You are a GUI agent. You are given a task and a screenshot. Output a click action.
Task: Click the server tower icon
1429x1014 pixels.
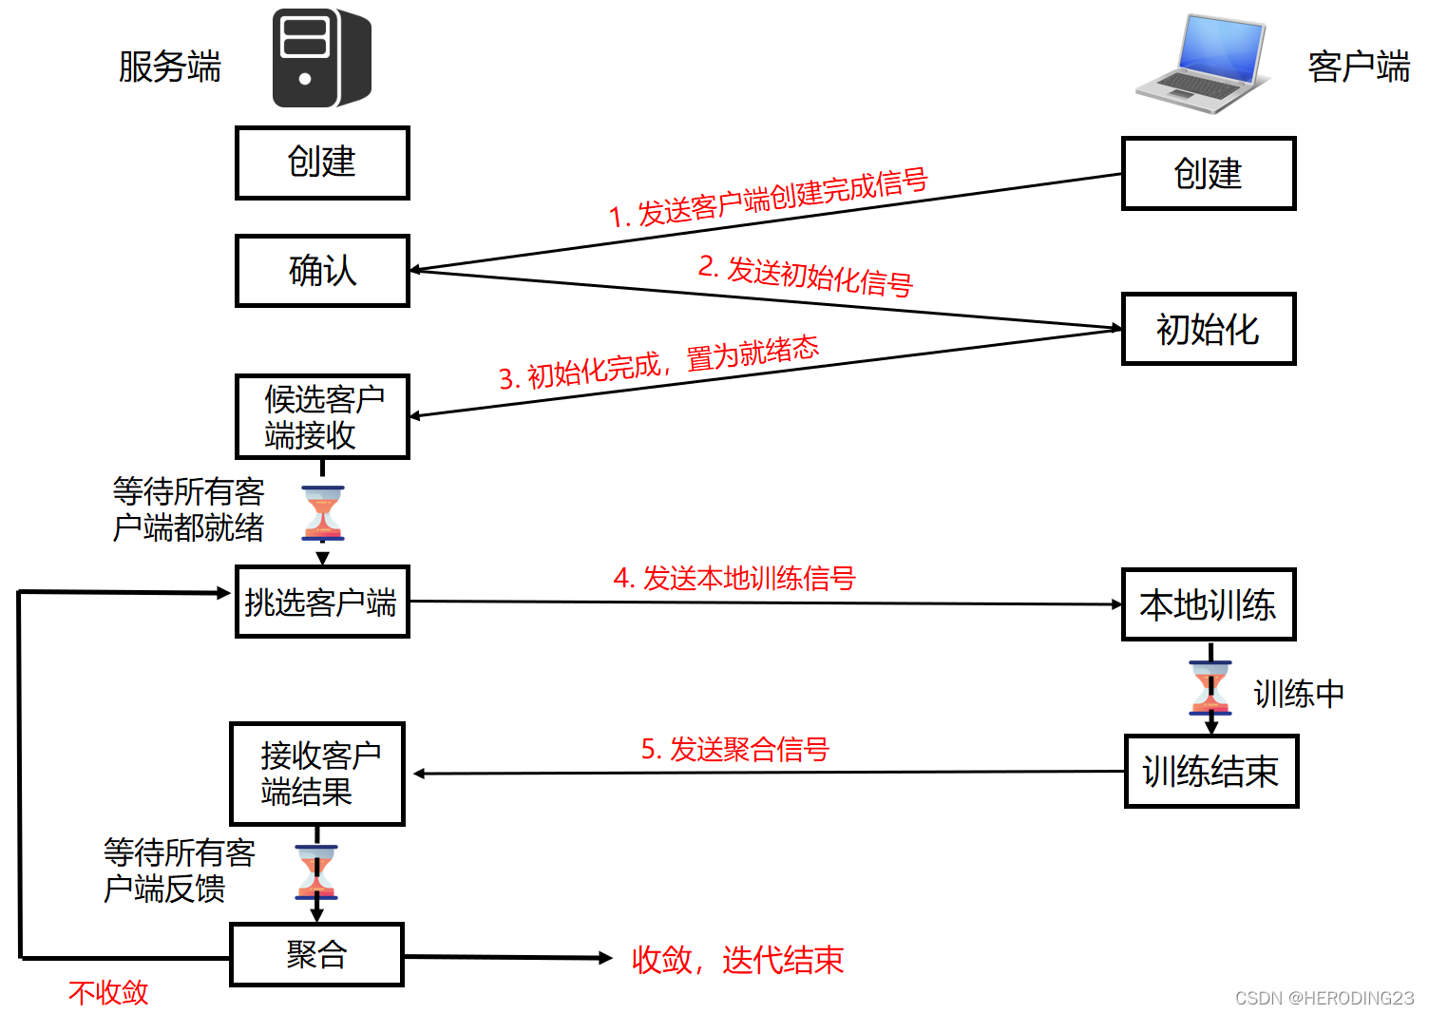321,58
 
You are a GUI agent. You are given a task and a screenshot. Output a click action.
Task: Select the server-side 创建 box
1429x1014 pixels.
322,163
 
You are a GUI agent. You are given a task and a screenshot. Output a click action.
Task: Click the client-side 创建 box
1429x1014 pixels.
1208,174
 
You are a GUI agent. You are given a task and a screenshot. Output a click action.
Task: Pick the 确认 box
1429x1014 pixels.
322,271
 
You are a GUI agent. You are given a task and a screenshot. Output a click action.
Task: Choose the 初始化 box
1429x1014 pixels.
1208,330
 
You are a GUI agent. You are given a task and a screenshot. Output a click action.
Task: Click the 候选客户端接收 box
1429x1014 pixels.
322,417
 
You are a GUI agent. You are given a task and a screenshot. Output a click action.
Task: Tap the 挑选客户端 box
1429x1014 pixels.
322,602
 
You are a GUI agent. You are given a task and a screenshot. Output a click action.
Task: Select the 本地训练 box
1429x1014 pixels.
1208,604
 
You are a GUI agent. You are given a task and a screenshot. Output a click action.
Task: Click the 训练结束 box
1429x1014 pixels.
1210,772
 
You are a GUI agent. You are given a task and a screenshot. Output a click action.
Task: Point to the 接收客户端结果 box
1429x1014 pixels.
317,774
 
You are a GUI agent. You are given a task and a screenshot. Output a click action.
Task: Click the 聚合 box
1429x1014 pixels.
317,954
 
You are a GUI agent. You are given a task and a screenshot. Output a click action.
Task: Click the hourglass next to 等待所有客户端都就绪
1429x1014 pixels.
323,513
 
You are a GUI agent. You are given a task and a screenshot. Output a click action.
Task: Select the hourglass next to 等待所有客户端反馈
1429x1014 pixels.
316,871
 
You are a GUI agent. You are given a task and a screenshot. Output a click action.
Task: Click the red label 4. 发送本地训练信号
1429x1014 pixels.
734,578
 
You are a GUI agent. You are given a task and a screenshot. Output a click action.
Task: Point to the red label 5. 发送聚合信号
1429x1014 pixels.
734,749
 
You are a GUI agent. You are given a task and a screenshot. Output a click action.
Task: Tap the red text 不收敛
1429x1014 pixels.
108,992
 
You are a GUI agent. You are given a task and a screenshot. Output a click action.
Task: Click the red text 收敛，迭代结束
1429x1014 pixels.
737,960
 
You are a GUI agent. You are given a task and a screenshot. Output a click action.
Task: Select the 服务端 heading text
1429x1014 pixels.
169,67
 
